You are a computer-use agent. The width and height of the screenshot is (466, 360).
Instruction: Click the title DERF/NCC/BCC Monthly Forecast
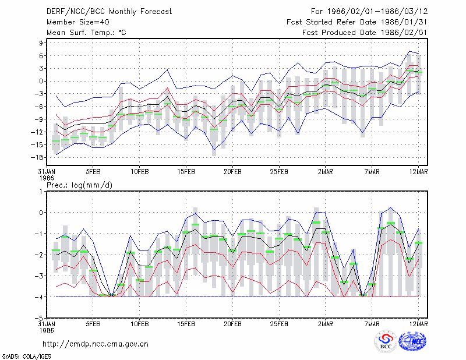109,12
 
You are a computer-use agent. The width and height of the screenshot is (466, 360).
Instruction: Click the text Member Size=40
78,22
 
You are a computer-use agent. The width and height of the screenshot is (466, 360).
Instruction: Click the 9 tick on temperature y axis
41,43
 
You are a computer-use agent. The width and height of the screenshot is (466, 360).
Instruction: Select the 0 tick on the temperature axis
41,81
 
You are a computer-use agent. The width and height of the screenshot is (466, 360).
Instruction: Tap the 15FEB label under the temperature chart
186,172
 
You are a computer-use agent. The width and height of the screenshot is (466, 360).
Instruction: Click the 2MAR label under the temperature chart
326,172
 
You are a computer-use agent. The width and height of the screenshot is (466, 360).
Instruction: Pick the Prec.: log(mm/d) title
79,185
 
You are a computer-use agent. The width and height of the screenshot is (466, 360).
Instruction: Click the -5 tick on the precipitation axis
39,318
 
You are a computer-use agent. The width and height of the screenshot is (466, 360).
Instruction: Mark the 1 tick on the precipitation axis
41,192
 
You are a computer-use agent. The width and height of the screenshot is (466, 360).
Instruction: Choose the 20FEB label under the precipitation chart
232,324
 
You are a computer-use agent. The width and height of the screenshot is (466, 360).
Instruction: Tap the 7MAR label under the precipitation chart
372,324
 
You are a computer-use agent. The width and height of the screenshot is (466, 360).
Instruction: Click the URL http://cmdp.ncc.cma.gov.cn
96,344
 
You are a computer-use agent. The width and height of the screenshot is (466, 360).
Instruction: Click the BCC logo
386,342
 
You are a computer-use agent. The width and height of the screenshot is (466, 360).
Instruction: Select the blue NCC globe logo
412,341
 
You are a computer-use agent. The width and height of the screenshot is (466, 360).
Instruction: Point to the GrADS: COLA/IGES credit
26,357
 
